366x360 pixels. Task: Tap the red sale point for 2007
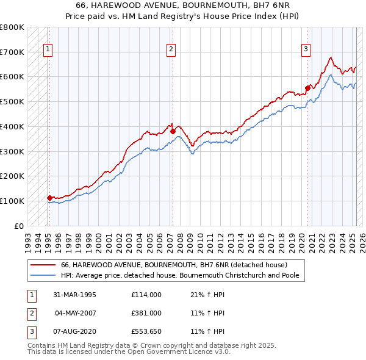[x=173, y=131]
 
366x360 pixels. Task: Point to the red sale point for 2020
[x=308, y=87]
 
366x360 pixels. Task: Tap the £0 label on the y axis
[x=18, y=226]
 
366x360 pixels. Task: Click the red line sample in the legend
[x=43, y=265]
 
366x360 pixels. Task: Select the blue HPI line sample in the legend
[x=43, y=275]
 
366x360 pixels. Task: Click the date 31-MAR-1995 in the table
[x=74, y=294]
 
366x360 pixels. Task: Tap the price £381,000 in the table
[x=146, y=313]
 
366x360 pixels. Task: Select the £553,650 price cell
[x=146, y=332]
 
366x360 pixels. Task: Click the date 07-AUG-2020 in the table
[x=74, y=332]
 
